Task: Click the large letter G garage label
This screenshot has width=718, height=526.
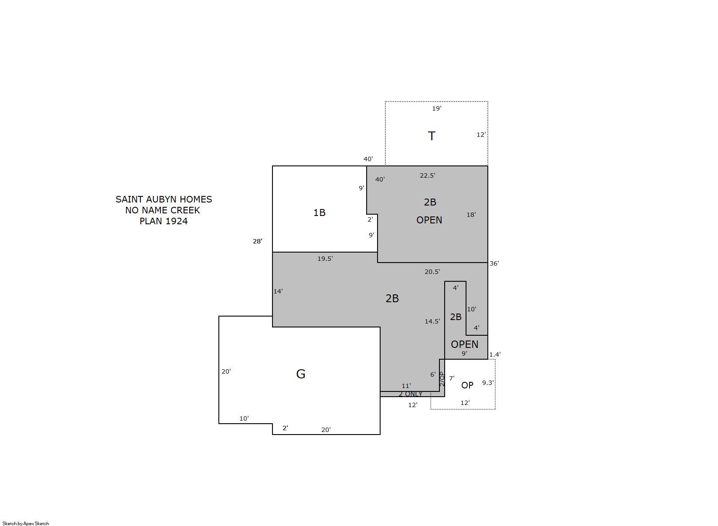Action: pyautogui.click(x=301, y=374)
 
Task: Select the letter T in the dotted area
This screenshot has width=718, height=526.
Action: pyautogui.click(x=432, y=136)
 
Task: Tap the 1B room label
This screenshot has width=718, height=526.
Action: pyautogui.click(x=319, y=212)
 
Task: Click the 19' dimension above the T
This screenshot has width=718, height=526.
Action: pyautogui.click(x=437, y=108)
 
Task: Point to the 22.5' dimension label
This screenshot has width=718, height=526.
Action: pyautogui.click(x=428, y=175)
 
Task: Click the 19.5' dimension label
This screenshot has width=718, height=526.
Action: pyautogui.click(x=325, y=259)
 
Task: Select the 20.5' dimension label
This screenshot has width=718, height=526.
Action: pyautogui.click(x=432, y=272)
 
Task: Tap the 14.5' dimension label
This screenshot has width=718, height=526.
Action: pyautogui.click(x=432, y=321)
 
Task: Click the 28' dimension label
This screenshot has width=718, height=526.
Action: pyautogui.click(x=258, y=241)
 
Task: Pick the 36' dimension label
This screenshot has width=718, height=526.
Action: pyautogui.click(x=494, y=263)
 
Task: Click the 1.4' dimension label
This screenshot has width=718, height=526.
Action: pyautogui.click(x=495, y=354)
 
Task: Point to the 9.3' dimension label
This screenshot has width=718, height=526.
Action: pyautogui.click(x=488, y=383)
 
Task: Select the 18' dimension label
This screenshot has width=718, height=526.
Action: pyautogui.click(x=471, y=215)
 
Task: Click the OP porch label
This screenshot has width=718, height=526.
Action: pyautogui.click(x=467, y=385)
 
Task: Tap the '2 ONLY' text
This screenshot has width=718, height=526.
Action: pyautogui.click(x=410, y=394)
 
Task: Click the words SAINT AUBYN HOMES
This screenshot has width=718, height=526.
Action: pyautogui.click(x=164, y=199)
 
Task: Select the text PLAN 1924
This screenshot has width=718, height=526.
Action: pyautogui.click(x=163, y=221)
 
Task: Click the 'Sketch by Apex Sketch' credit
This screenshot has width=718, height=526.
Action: pyautogui.click(x=26, y=523)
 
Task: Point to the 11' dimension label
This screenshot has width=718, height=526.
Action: pyautogui.click(x=406, y=386)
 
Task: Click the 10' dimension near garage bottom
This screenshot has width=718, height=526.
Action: pyautogui.click(x=244, y=418)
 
